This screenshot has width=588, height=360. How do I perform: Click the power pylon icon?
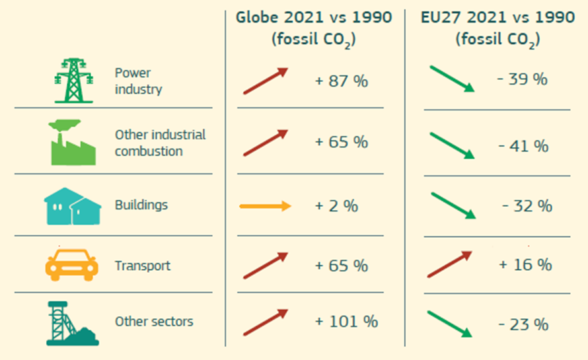point(73,80)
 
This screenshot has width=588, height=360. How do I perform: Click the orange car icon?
point(71,266)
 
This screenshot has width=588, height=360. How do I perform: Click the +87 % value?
point(341,82)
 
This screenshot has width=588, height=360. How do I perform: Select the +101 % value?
point(346,322)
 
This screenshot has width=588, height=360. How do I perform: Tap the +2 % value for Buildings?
point(336,205)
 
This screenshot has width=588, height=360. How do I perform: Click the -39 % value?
point(522,79)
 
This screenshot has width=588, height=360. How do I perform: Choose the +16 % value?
point(525,265)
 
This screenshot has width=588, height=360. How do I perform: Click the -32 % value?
point(527,206)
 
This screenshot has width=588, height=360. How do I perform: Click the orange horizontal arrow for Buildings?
point(265,206)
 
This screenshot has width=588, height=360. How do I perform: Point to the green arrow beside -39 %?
point(452,78)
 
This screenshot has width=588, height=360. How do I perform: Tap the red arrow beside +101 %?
point(266,322)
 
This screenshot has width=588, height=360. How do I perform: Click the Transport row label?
point(142,266)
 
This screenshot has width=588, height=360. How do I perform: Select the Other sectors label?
point(154,322)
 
